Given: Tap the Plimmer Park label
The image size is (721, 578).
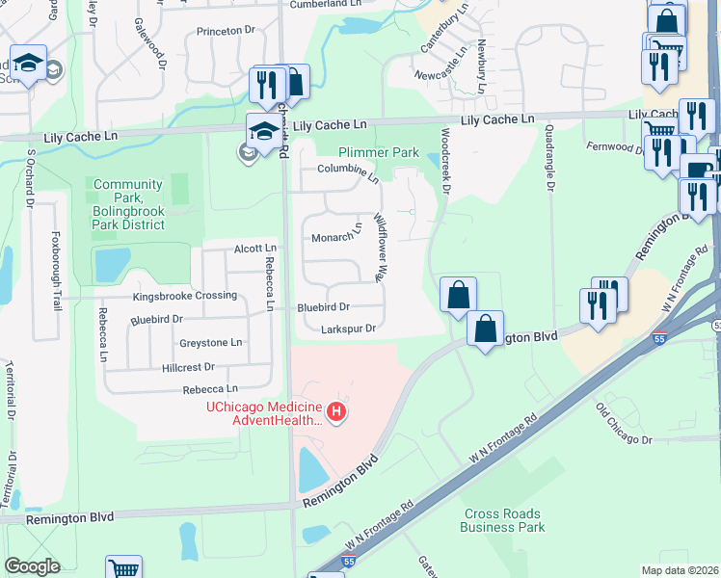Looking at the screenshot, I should tap(378, 153).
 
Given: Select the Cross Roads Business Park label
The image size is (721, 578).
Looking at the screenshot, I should tap(503, 520).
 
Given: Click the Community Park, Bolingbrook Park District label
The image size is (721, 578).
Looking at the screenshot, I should tap(128, 204).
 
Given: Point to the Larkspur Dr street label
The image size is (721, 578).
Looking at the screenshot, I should tap(334, 328).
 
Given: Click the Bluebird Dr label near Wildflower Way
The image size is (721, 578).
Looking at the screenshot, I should tap(323, 307).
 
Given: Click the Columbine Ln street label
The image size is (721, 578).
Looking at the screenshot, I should tap(348, 171).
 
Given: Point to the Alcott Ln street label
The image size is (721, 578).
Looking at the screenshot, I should tap(255, 249).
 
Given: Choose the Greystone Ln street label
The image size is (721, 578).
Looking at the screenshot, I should tap(210, 343).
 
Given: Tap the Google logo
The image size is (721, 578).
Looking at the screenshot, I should tap(32, 566).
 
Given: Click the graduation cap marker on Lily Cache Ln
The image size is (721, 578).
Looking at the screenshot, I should tap(262, 130).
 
